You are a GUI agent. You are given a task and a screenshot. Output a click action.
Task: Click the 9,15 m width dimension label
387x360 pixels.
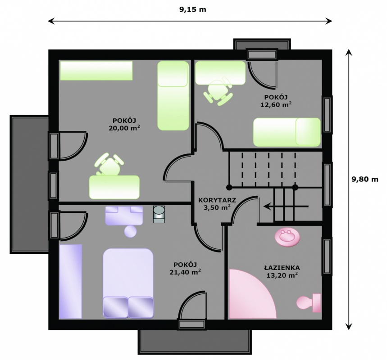coord(192,9)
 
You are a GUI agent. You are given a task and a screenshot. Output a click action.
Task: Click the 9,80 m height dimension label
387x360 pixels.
coord(365,179)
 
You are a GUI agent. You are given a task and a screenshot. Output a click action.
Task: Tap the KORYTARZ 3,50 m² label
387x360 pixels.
coord(217,204)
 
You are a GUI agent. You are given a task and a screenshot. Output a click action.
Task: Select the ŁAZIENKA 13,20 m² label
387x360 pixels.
coord(282,271)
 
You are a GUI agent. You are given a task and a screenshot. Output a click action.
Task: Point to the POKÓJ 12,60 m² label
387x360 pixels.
coord(276,101)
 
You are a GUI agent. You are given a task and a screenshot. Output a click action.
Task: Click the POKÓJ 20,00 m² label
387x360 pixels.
coord(124,124)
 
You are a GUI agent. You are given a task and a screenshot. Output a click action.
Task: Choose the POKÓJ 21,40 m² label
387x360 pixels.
coord(185,268)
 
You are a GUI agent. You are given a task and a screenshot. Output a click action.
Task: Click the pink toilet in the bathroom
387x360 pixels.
coord(309,302)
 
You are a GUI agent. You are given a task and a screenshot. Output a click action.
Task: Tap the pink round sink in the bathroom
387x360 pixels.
coord(288,237)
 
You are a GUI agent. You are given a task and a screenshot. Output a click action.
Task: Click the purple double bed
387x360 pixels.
coord(128,283)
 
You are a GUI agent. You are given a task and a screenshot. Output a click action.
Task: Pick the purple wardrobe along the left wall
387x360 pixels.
coord(70,282)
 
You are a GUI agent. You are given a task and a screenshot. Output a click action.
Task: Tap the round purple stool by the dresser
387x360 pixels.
coord(130,232)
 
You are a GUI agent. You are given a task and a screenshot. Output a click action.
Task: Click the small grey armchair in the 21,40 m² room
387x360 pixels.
coord(159,214)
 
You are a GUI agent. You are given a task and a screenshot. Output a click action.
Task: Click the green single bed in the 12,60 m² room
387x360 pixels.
coord(287,132)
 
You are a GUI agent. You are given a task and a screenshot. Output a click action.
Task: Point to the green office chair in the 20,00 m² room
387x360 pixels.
coord(109,164)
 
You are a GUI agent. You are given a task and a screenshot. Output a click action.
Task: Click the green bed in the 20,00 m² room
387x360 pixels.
coord(173,96)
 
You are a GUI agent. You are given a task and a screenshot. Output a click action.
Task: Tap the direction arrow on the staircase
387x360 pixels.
coord(286,206)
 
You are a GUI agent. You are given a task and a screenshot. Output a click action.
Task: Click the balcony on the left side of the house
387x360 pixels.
coord(29,184)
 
